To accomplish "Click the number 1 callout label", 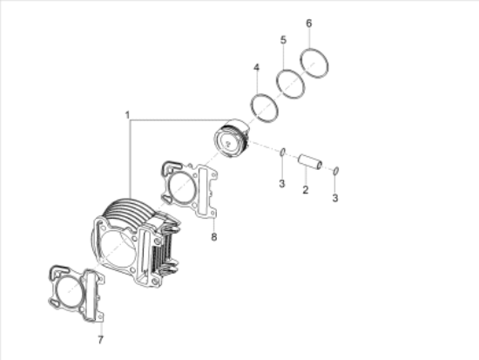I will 127,114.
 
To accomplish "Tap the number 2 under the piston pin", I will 305,188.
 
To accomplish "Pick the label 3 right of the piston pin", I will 336,198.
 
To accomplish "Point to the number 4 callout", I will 256,67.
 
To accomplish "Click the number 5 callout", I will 283,40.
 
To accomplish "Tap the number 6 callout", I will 309,23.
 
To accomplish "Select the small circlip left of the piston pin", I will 283,154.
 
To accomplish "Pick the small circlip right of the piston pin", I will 337,170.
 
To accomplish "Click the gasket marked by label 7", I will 73,290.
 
